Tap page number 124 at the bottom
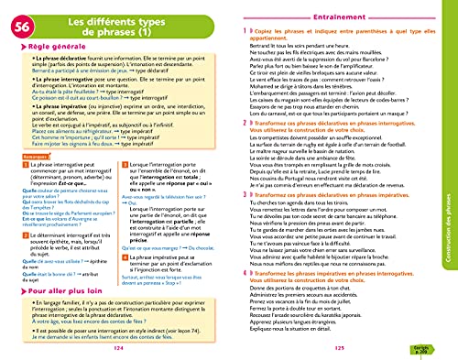[114, 348]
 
